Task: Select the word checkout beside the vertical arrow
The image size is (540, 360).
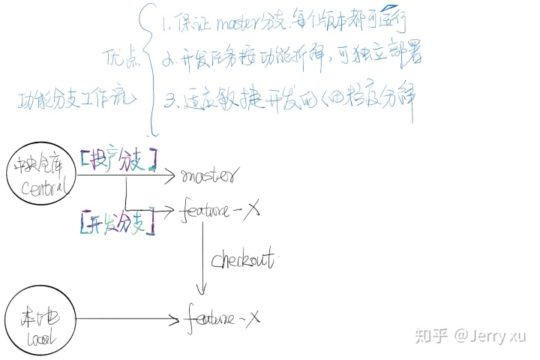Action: tap(244, 260)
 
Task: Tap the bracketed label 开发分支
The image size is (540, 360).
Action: tap(116, 221)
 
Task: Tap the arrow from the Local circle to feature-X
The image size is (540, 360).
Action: tap(127, 319)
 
